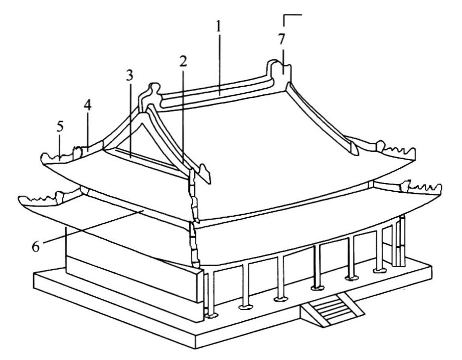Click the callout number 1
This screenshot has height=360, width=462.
click(x=218, y=27)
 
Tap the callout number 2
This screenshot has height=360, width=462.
click(x=183, y=61)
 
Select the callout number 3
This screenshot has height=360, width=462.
click(x=130, y=75)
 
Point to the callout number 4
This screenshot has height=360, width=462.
click(x=87, y=106)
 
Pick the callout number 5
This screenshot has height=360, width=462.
click(x=60, y=126)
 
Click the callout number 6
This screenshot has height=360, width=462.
click(x=36, y=247)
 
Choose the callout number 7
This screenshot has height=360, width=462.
click(x=281, y=39)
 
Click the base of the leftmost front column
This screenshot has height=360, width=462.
click(x=211, y=316)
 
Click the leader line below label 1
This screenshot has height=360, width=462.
click(x=219, y=64)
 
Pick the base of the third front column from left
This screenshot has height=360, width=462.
click(x=280, y=299)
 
